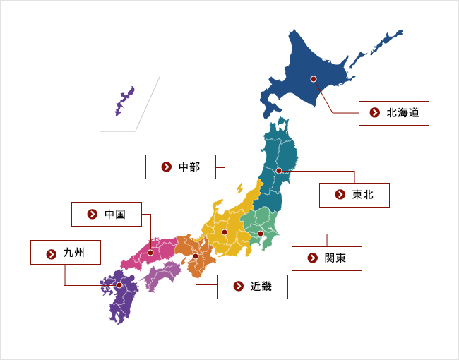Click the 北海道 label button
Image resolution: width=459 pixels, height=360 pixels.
(x=394, y=112)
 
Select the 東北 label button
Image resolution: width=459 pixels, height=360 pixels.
(x=354, y=194)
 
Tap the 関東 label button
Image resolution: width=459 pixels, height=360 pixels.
(x=327, y=258)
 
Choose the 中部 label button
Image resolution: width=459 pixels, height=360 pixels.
(x=181, y=167)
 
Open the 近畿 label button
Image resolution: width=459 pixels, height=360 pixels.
(x=253, y=287)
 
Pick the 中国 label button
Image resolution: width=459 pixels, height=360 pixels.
(x=107, y=214)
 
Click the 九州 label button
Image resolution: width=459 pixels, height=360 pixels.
(x=66, y=252)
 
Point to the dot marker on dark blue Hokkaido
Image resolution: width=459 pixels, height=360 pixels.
(x=313, y=79)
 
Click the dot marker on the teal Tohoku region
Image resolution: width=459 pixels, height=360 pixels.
(x=279, y=171)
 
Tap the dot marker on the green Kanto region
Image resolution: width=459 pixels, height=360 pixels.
(x=260, y=233)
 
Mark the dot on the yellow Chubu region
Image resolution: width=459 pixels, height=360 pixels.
(x=225, y=232)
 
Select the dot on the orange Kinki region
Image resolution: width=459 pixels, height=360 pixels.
(x=196, y=256)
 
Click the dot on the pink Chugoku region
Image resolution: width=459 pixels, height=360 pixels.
(x=150, y=252)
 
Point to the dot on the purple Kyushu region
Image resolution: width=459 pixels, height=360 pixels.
(x=119, y=285)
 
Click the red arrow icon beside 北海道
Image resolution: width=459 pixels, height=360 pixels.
(x=374, y=112)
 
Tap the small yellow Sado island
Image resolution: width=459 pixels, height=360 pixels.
(x=240, y=188)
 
